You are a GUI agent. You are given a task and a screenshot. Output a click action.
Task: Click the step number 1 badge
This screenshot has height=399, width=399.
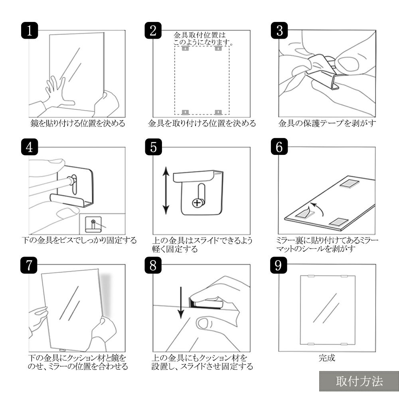pyautogui.click(x=30, y=31)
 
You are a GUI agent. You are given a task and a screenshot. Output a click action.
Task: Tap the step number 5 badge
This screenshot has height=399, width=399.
pyautogui.click(x=154, y=147)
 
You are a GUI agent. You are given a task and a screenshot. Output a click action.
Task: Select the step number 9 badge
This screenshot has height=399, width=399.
pyautogui.click(x=279, y=265)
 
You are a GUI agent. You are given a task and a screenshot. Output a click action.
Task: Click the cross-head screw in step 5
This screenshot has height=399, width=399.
pyautogui.click(x=198, y=203)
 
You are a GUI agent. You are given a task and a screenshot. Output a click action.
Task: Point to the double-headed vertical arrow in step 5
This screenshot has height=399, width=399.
pyautogui.click(x=166, y=190)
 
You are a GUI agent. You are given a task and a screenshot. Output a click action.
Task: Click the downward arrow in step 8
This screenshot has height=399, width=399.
pyautogui.click(x=181, y=303)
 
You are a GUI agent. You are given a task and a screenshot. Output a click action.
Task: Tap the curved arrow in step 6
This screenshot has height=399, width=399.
pyautogui.click(x=318, y=208)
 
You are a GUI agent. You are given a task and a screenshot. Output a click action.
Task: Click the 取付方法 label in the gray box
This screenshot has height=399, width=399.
pyautogui.click(x=359, y=381)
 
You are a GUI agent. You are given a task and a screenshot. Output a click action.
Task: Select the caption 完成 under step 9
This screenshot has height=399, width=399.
pyautogui.click(x=327, y=358)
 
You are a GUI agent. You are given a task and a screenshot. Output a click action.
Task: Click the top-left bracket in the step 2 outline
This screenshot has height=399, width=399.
pyautogui.click(x=185, y=48)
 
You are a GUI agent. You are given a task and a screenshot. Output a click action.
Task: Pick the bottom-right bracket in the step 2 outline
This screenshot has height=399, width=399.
pyautogui.click(x=218, y=112)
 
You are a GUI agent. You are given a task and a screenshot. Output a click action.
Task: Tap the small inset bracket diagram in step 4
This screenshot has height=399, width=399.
pyautogui.click(x=93, y=224)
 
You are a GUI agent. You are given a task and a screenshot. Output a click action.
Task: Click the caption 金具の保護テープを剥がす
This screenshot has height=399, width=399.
pyautogui.click(x=327, y=123)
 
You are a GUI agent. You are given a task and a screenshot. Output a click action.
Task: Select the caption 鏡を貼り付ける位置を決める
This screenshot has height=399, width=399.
pyautogui.click(x=78, y=123)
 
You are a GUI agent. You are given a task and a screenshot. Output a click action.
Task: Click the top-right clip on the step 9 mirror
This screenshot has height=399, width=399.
pyautogui.click(x=344, y=276)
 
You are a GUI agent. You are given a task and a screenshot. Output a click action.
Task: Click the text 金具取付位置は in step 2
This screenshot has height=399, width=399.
pyautogui.click(x=200, y=35)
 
